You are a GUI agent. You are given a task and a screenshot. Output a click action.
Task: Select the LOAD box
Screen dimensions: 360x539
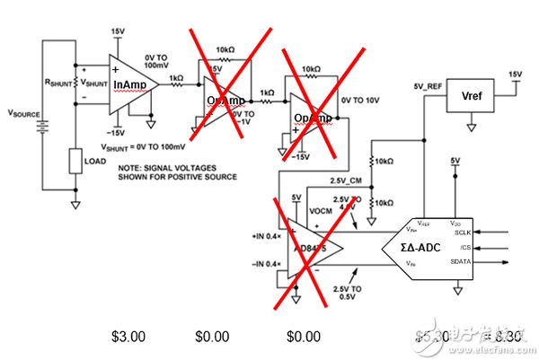76,162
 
